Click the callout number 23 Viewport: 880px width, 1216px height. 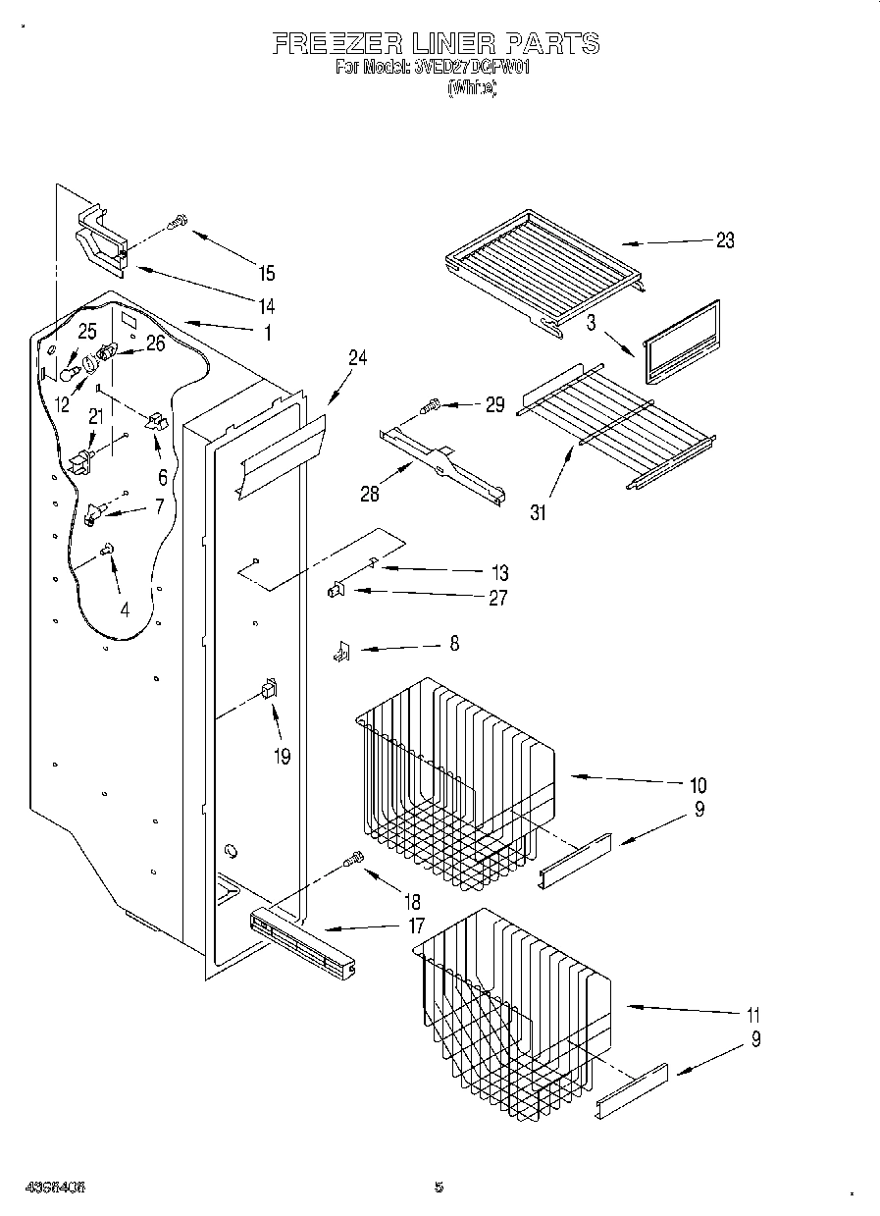724,240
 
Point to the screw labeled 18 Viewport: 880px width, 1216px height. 352,862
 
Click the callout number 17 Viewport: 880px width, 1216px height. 416,925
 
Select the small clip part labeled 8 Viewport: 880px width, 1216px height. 341,650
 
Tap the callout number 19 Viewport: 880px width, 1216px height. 283,757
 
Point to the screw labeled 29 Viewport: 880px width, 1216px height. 431,404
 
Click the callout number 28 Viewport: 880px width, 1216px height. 369,494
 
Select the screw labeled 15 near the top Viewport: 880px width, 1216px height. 179,224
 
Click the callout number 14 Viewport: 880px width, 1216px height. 267,304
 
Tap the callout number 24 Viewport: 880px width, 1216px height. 357,358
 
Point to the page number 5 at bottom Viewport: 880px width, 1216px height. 439,1187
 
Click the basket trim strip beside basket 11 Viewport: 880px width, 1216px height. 631,1089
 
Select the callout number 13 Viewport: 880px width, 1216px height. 499,572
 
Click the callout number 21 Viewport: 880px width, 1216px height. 95,417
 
